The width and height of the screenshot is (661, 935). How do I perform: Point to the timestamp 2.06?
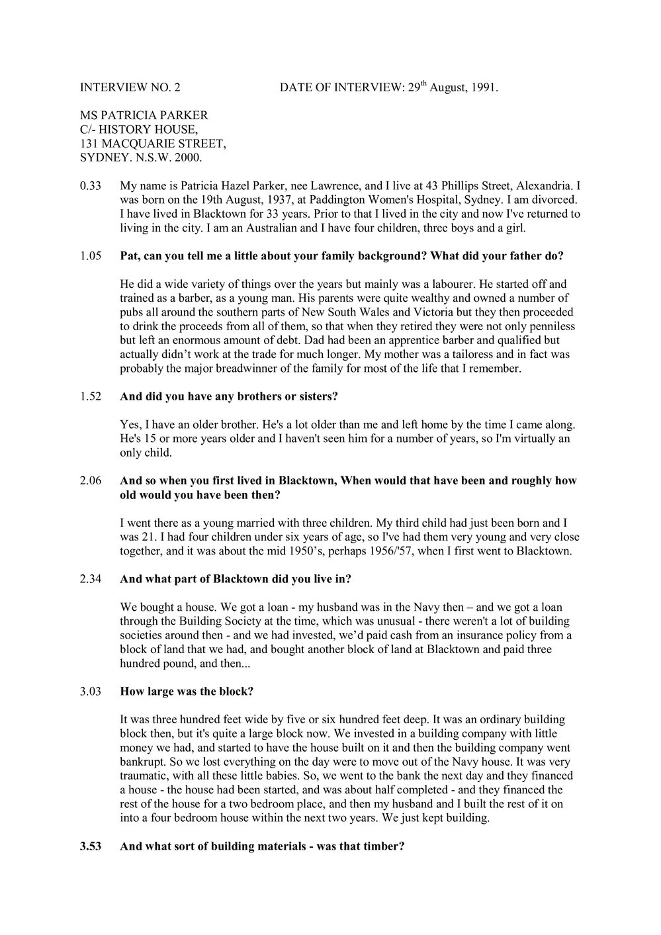pyautogui.click(x=89, y=481)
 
